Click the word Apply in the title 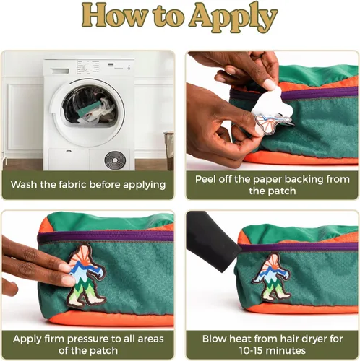point(233,17)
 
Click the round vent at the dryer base point(115,160)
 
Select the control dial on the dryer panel point(88,68)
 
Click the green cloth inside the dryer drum point(90,108)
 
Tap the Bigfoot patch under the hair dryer point(271,277)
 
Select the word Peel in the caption point(205,179)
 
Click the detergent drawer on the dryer point(60,71)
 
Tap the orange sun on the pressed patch point(82,257)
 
